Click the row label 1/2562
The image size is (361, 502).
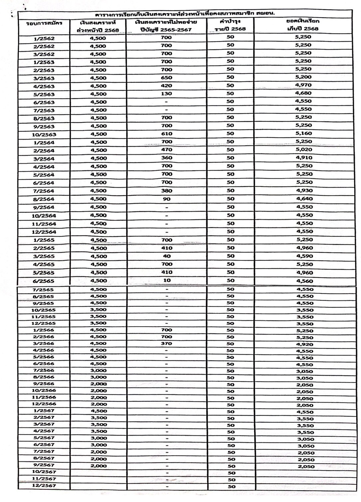coord(44,39)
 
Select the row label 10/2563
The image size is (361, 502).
coord(44,135)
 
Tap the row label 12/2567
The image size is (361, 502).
coord(44,486)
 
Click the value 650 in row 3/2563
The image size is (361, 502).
coord(166,78)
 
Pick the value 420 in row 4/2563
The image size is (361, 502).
coord(166,86)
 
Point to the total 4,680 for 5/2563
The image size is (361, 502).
coord(303,93)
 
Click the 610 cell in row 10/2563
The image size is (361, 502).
coord(166,134)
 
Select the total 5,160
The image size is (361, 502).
coord(303,133)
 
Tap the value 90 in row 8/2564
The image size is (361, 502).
coord(167,199)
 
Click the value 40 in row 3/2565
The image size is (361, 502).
coord(167,256)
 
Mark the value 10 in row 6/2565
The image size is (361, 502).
coord(167,280)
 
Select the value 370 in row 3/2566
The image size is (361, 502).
coord(166,344)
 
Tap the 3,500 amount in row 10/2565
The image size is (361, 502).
coord(98,310)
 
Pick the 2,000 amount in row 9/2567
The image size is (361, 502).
coord(99,466)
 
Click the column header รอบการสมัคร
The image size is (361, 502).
coord(44,23)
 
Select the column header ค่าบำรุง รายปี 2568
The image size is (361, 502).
coord(230,25)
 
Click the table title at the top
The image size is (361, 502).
coord(185,14)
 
